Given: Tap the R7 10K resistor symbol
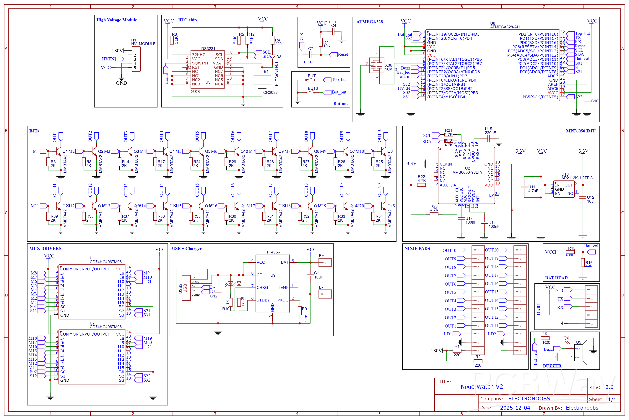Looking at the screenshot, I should click(321, 42).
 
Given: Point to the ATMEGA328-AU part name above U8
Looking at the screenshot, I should click(505, 27).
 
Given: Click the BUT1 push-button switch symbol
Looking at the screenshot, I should click(310, 80).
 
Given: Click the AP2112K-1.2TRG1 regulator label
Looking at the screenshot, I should click(578, 178).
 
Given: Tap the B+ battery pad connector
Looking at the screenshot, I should click(325, 263).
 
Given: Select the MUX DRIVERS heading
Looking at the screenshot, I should click(45, 249).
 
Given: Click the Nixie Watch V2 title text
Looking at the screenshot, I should click(482, 387).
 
